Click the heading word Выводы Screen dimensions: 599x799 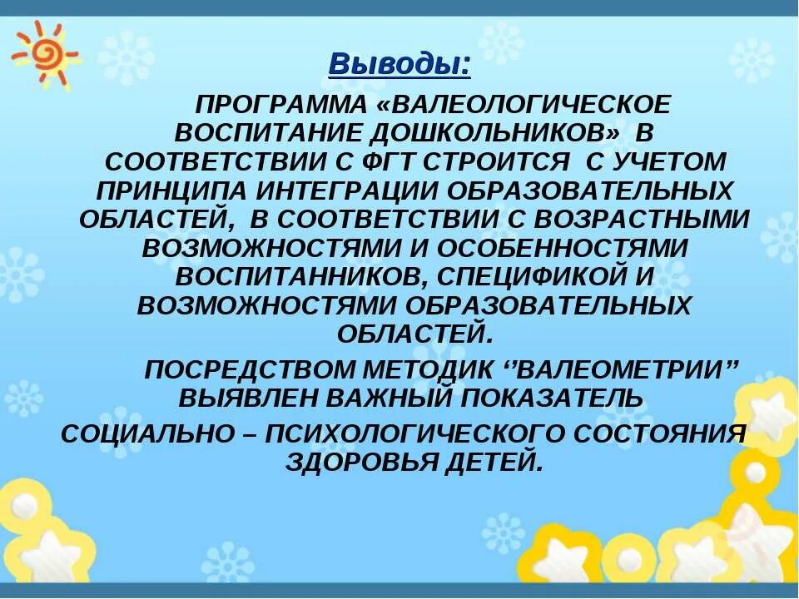(x=399, y=63)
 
